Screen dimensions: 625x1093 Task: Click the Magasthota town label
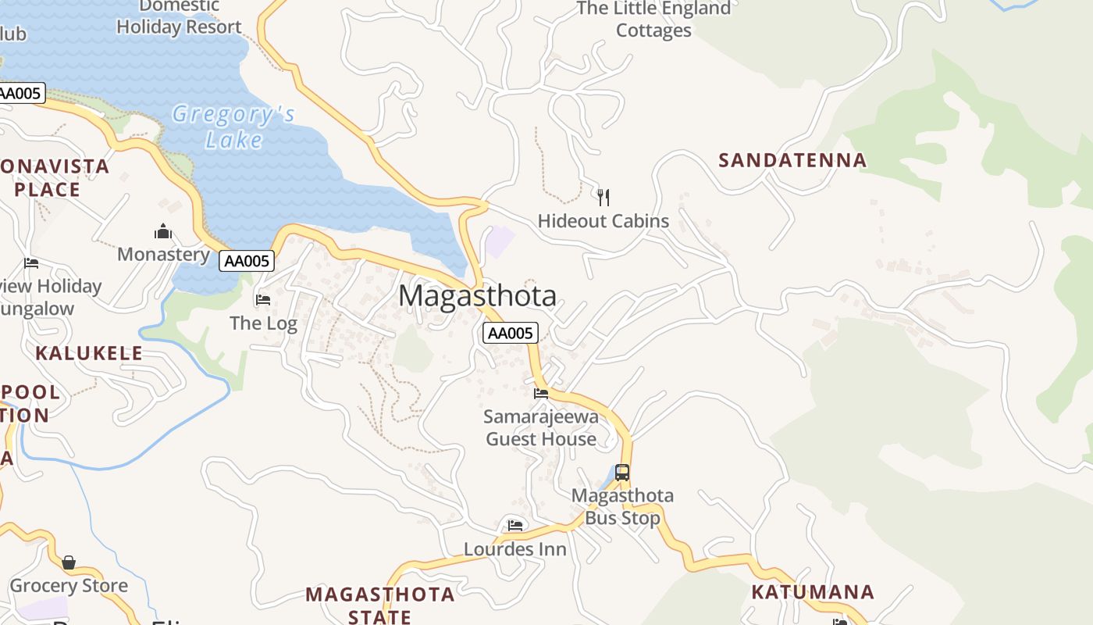[477, 296]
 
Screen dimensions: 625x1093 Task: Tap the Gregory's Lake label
[233, 127]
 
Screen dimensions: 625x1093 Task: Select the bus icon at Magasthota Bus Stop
[622, 472]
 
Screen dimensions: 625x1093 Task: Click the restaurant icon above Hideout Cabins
[603, 196]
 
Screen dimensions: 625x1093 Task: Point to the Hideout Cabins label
[603, 221]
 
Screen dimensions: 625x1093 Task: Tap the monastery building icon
[163, 231]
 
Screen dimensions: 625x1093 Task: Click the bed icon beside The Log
[263, 299]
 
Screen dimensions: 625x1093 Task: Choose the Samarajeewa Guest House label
[541, 427]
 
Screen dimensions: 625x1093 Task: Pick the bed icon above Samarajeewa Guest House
[541, 393]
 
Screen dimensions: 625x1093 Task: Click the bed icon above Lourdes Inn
[515, 525]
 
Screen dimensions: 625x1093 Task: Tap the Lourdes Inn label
[515, 549]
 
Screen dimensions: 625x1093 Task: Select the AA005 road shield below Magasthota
[511, 334]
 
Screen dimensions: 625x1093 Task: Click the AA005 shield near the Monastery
[246, 261]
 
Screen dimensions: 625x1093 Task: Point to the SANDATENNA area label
[792, 161]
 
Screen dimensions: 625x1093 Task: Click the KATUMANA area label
[812, 592]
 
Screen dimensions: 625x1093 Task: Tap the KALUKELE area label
[89, 353]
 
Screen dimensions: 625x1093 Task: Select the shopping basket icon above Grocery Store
[69, 562]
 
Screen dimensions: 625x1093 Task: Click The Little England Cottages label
[653, 20]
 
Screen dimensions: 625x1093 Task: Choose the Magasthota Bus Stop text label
[622, 506]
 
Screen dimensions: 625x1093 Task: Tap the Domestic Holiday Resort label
[179, 17]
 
